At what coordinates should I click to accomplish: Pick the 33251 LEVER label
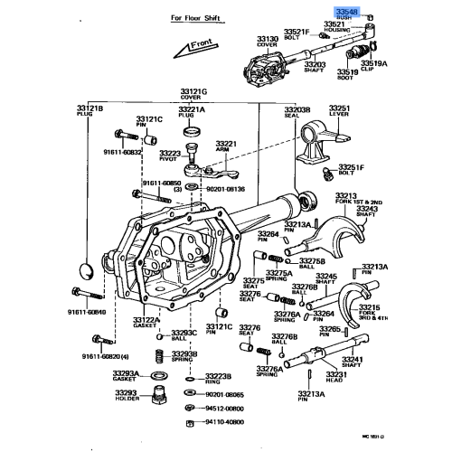click(339, 110)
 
